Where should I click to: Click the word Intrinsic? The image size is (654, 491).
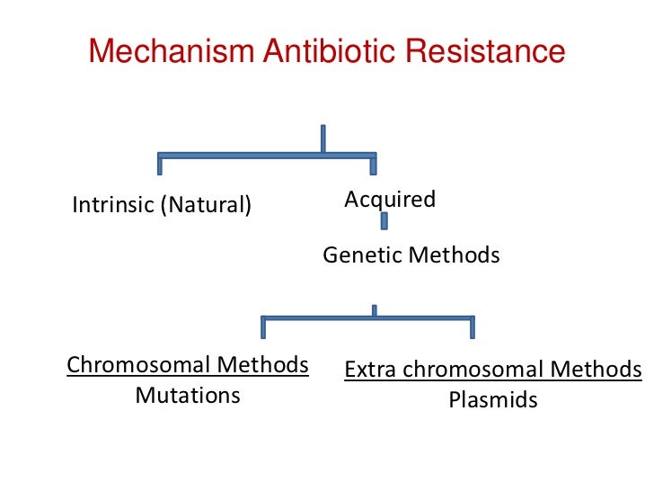click(112, 205)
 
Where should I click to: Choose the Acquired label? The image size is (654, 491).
click(390, 199)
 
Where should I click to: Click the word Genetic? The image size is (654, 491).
click(362, 255)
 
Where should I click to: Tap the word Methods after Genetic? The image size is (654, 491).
click(453, 255)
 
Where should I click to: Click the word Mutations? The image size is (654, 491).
click(188, 396)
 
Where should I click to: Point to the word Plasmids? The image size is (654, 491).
click(493, 400)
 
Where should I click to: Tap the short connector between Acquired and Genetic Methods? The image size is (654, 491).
click(384, 222)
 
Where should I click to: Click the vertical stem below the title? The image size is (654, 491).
click(322, 138)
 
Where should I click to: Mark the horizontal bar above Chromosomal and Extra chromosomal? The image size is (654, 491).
click(367, 317)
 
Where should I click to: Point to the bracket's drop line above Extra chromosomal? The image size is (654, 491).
click(473, 327)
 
